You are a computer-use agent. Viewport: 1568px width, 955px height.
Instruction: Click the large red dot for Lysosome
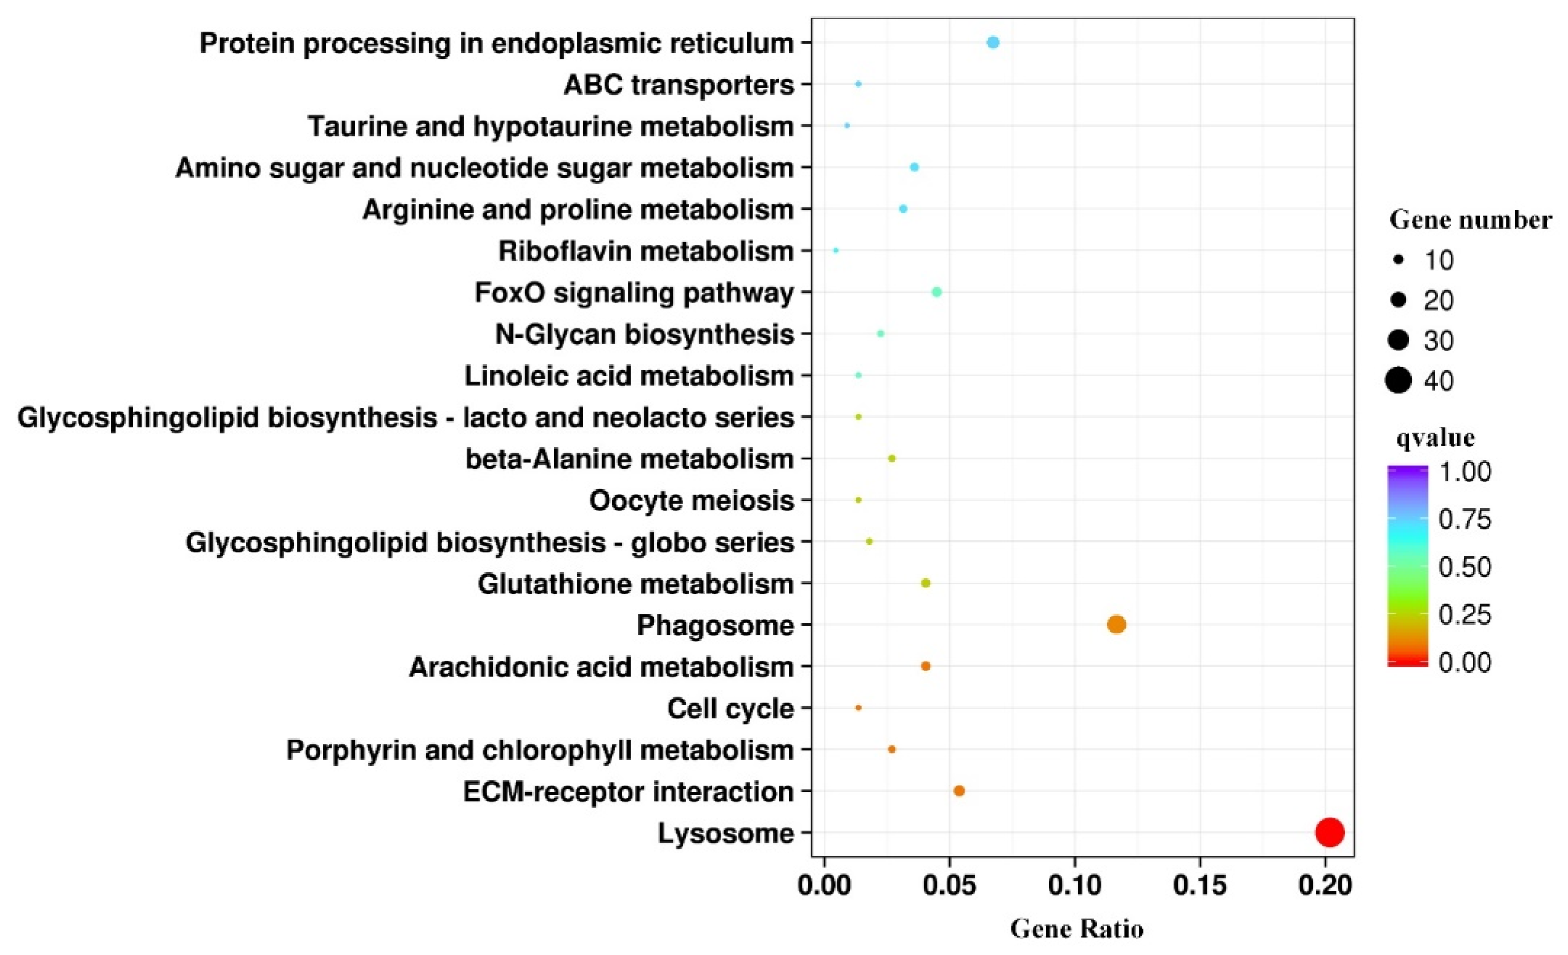tap(1330, 832)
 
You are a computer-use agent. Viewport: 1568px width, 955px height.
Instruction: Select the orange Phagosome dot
tap(1116, 625)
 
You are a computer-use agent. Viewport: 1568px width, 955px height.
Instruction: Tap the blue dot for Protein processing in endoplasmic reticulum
tap(993, 43)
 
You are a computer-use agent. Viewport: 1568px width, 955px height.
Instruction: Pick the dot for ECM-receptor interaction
tap(959, 791)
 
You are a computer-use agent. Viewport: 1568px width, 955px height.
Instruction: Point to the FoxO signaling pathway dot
tap(937, 292)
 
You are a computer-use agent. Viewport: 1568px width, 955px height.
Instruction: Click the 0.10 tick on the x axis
tap(1075, 886)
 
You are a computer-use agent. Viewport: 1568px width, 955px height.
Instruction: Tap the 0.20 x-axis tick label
tap(1325, 886)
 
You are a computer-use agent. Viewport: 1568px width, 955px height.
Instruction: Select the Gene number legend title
tap(1470, 220)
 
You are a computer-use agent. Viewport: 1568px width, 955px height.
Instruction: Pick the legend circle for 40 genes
tap(1398, 381)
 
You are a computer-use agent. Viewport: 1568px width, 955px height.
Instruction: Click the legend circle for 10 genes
tap(1398, 261)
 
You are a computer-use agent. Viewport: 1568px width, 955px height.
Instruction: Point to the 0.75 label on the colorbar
tap(1464, 519)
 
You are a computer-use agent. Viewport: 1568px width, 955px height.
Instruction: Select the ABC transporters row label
tap(679, 85)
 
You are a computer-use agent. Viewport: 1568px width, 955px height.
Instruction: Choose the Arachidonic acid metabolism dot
tap(926, 666)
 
